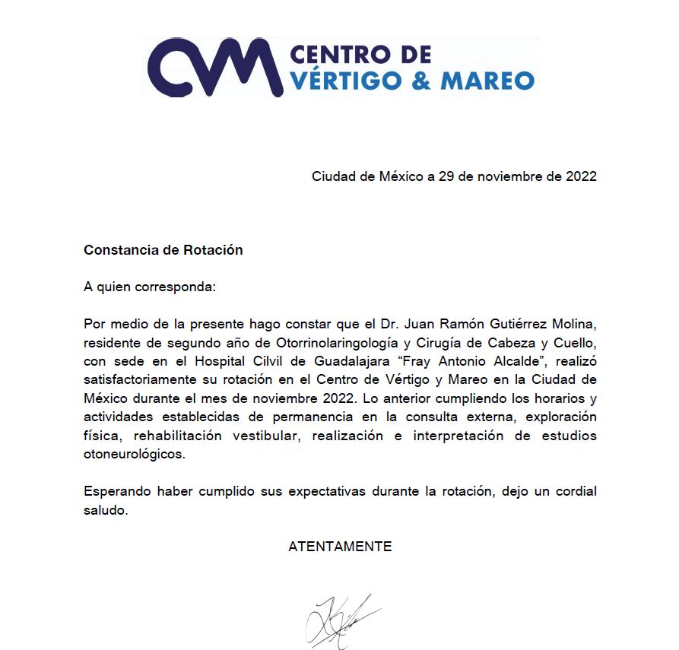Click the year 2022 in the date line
tap(581, 176)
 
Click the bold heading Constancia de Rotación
tap(163, 250)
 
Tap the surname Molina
tap(574, 325)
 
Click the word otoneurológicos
tap(134, 454)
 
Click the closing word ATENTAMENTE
tap(340, 547)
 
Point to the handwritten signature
tap(340, 620)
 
